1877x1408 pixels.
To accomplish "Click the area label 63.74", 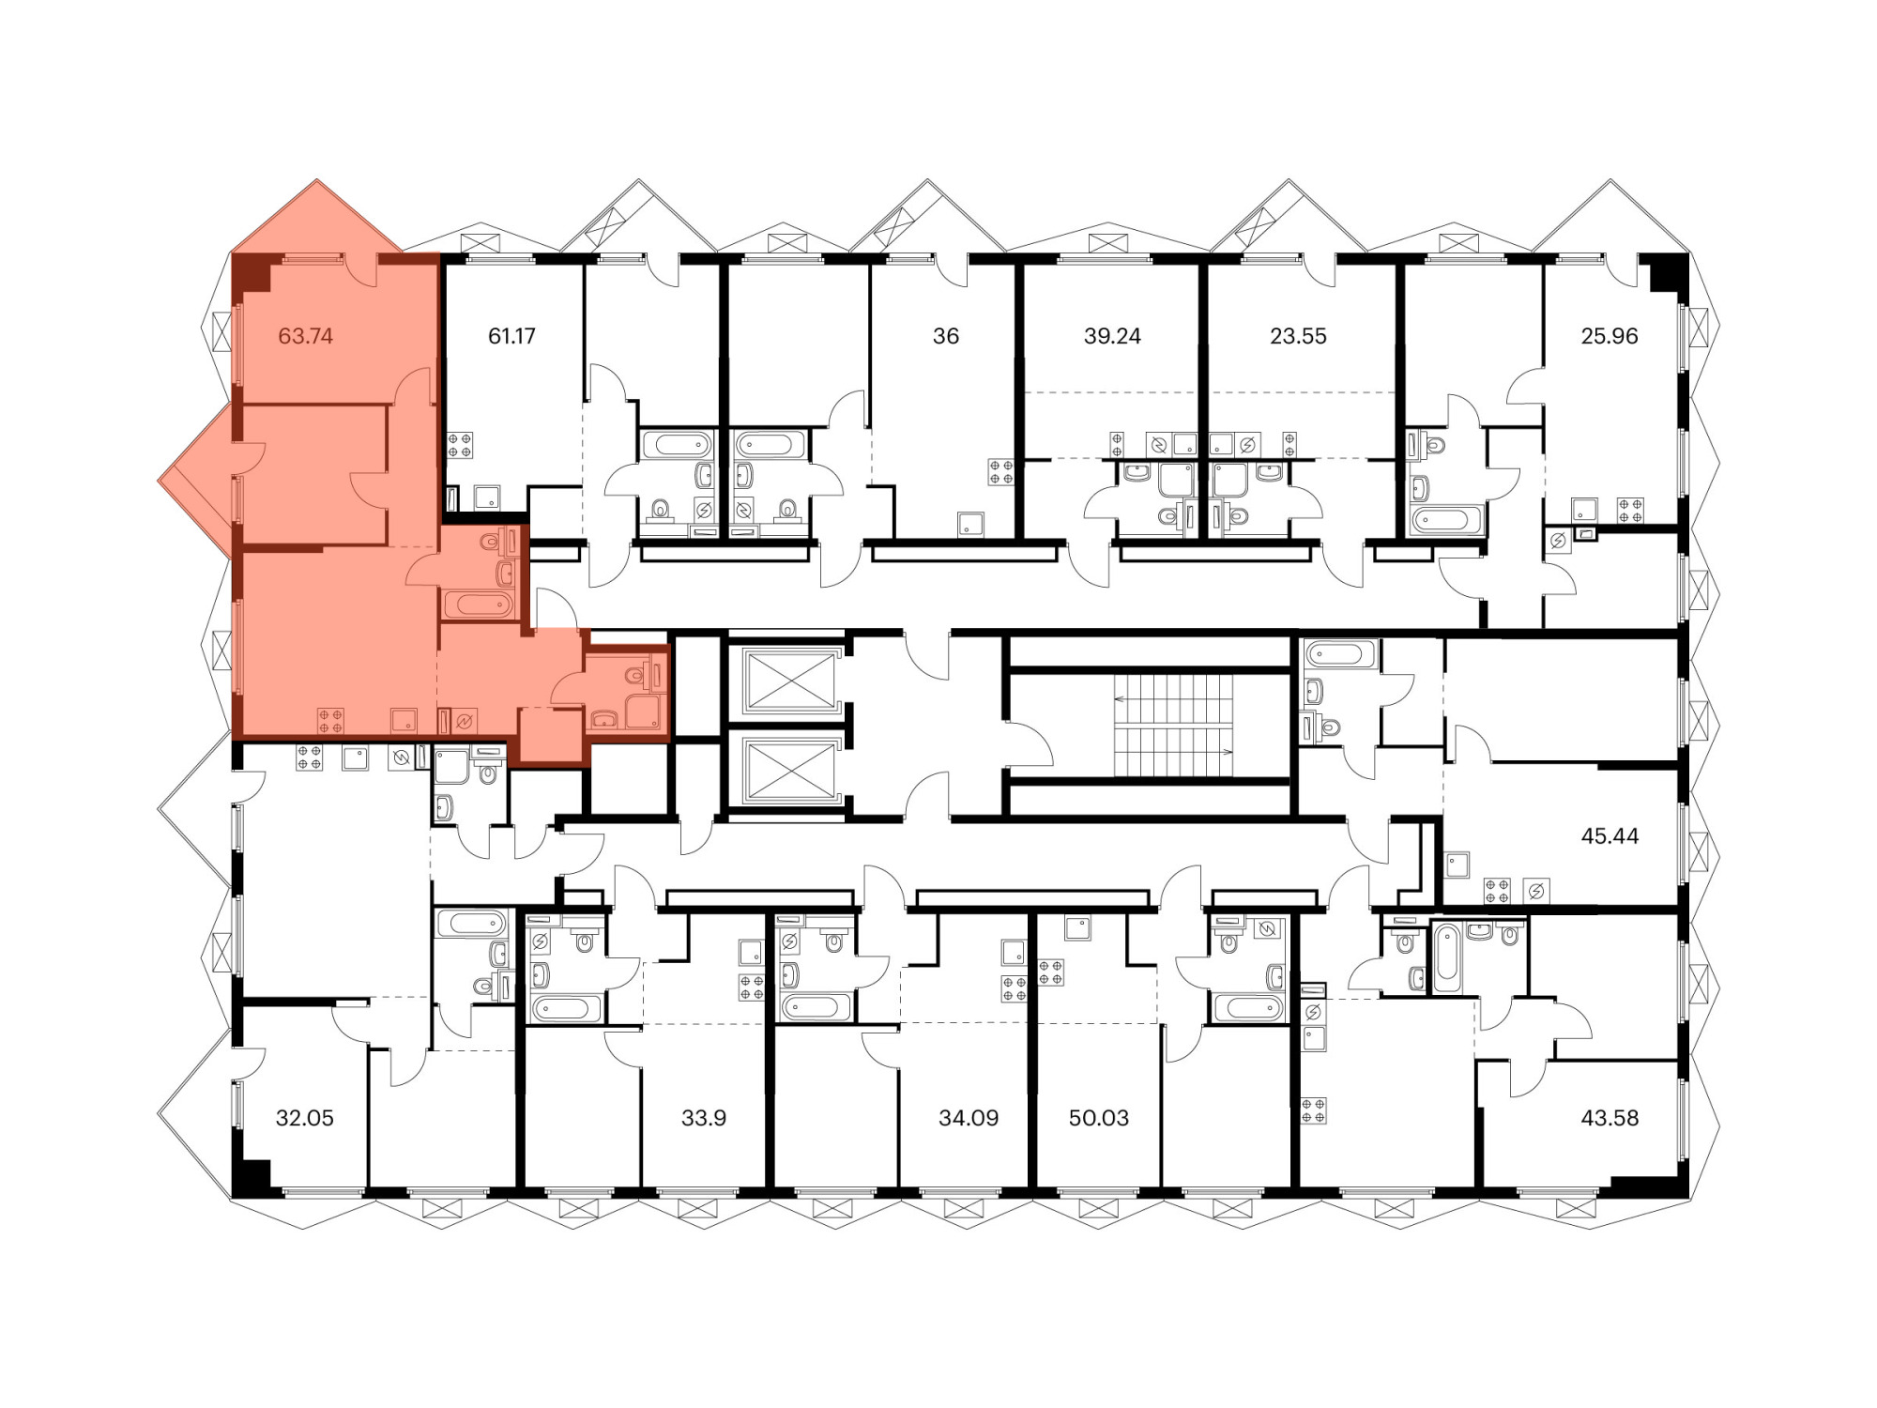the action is click(306, 336).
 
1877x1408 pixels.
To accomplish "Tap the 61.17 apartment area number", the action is click(511, 336).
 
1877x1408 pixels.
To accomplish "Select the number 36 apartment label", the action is click(946, 336).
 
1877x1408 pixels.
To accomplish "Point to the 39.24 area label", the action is click(1112, 336).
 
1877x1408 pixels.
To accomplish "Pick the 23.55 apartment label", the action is click(1298, 336).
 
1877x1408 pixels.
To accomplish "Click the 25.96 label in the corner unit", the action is click(1610, 336).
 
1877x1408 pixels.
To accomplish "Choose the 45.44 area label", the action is click(1610, 836).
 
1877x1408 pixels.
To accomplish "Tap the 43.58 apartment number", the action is click(1610, 1118).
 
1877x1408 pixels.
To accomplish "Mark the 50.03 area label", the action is click(1099, 1118).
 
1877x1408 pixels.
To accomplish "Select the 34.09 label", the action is click(969, 1118).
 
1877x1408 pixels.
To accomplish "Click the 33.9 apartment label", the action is click(704, 1118).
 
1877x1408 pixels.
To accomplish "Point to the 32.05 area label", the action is click(305, 1118).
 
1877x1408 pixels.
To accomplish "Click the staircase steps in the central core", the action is click(1173, 726).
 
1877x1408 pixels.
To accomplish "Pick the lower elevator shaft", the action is click(789, 771).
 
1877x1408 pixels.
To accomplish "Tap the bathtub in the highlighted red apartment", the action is click(477, 605).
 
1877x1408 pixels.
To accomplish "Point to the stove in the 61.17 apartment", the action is click(460, 445).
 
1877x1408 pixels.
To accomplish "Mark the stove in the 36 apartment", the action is click(1001, 472).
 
